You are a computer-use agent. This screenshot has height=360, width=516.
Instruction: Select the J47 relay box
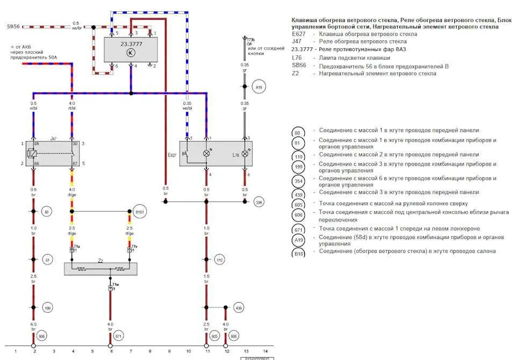(53, 153)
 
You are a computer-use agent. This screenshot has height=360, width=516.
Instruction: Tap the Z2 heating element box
(100, 268)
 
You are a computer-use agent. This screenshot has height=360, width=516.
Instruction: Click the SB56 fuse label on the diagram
(13, 26)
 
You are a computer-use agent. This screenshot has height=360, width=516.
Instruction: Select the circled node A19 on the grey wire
(259, 87)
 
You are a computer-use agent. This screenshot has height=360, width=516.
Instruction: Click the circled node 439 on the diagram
(239, 307)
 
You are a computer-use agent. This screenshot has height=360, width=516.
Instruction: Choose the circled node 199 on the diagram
(47, 307)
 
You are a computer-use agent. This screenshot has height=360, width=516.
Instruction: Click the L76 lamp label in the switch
(235, 155)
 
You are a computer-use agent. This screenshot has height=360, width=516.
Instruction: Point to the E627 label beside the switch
(172, 155)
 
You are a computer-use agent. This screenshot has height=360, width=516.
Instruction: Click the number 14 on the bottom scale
(265, 351)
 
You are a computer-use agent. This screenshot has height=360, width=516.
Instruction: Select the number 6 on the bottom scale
(111, 351)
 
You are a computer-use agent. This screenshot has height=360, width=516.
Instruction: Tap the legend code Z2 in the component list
(295, 74)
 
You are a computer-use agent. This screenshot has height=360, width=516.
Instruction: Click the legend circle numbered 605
(298, 205)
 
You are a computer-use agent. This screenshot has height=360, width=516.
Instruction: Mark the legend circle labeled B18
(298, 253)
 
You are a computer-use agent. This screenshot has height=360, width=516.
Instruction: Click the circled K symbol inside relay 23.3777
(130, 52)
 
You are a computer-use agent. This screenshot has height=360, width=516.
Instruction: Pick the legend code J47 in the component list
(296, 41)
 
